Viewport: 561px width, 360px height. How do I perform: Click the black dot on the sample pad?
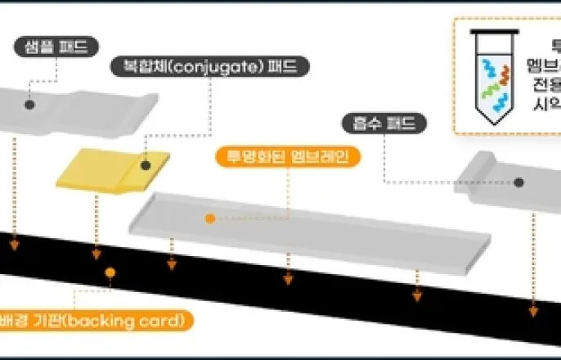tap(29, 105)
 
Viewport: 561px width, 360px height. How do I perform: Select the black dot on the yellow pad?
tap(145, 164)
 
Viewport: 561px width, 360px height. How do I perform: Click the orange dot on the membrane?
tap(210, 218)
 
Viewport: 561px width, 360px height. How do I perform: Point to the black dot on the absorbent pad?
tap(518, 182)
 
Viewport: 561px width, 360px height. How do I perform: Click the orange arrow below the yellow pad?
tap(96, 250)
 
